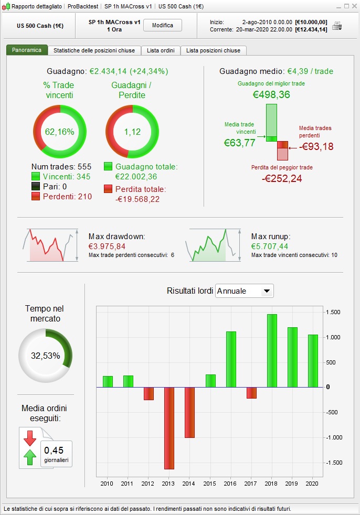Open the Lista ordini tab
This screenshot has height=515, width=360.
pyautogui.click(x=161, y=50)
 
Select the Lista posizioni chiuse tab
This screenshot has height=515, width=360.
pyautogui.click(x=213, y=50)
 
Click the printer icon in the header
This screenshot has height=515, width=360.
pyautogui.click(x=337, y=26)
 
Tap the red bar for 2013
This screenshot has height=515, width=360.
pyautogui.click(x=169, y=428)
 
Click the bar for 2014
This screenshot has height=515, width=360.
pyautogui.click(x=189, y=412)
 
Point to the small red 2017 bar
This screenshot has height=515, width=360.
pyautogui.click(x=251, y=393)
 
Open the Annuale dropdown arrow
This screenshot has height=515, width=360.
pyautogui.click(x=267, y=291)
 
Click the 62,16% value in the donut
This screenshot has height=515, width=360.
pyautogui.click(x=59, y=132)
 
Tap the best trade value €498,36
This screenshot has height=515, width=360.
pyautogui.click(x=271, y=95)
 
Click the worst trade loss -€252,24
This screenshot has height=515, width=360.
pyautogui.click(x=282, y=178)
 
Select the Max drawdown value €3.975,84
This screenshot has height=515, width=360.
pyautogui.click(x=107, y=246)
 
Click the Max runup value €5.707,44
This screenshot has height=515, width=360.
pyautogui.click(x=270, y=246)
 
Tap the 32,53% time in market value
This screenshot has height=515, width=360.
pyautogui.click(x=45, y=356)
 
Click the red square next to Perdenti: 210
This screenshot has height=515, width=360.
pyautogui.click(x=36, y=197)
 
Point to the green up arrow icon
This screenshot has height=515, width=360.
pyautogui.click(x=30, y=457)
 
